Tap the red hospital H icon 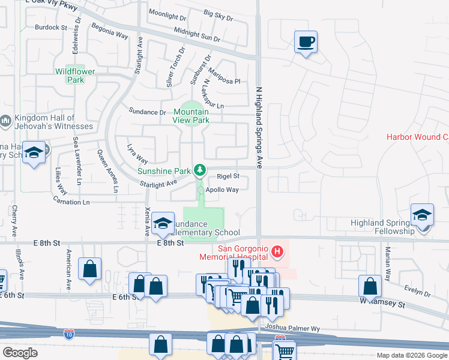[277, 251]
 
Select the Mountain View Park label [192, 116]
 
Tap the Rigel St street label [228, 176]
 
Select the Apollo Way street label [222, 190]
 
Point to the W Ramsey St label [384, 305]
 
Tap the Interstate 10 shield [69, 331]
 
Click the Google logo [20, 353]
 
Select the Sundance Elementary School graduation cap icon [162, 223]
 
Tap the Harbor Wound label [417, 137]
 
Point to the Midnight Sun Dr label [197, 34]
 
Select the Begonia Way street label [109, 31]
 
